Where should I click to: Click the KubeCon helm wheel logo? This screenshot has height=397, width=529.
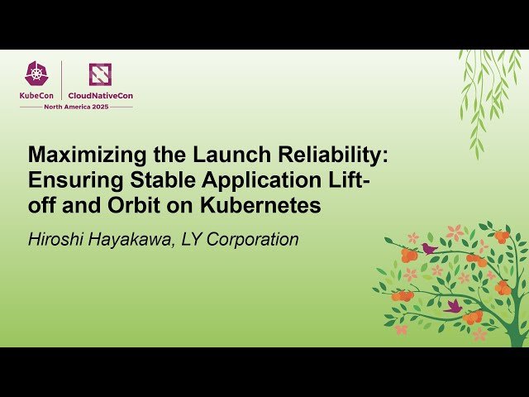(36, 74)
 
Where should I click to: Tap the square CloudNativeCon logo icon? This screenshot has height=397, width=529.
(100, 74)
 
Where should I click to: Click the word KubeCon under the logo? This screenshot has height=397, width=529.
(36, 95)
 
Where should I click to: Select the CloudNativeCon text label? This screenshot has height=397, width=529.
(100, 95)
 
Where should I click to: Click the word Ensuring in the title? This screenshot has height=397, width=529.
(69, 180)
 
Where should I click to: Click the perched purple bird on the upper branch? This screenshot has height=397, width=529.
(429, 247)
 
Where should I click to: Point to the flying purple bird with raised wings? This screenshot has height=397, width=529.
(453, 306)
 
